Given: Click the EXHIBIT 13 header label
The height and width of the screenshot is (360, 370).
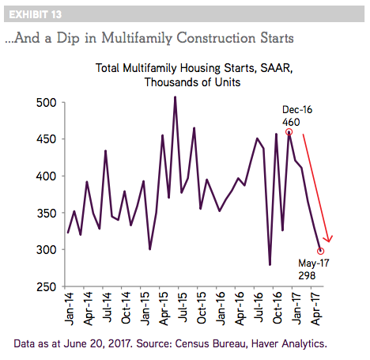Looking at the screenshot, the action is [x=36, y=14].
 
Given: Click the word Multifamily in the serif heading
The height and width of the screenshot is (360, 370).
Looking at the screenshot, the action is [x=137, y=38].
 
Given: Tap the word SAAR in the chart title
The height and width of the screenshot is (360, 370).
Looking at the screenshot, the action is [x=276, y=68].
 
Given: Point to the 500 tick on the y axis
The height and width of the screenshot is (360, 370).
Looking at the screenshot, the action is [x=47, y=103].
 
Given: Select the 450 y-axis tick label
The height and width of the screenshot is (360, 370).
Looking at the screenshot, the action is [x=47, y=139].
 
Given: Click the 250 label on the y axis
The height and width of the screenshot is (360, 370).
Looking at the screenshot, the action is [x=47, y=286].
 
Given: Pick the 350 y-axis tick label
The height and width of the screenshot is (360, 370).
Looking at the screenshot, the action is [x=47, y=213].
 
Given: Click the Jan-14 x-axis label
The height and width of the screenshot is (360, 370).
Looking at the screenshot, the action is [x=69, y=309].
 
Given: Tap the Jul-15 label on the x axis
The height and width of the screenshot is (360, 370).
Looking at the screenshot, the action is [x=183, y=307].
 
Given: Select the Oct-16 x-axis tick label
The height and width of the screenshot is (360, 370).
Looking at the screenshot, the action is [x=277, y=308].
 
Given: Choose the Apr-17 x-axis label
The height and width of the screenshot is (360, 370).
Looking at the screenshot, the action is [x=315, y=309].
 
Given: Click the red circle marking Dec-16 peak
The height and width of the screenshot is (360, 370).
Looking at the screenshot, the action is [x=289, y=132].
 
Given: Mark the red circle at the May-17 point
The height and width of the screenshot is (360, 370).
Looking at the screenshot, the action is [x=320, y=251].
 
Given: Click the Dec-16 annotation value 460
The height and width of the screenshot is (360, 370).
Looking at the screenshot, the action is [x=291, y=122].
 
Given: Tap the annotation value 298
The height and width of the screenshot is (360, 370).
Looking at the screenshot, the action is [x=307, y=275].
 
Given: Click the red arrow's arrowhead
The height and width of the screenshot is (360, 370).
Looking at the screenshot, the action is [x=328, y=240].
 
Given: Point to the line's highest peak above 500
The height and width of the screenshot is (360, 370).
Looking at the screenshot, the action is [x=175, y=97].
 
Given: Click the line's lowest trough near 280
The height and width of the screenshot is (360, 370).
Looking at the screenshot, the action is [x=270, y=264].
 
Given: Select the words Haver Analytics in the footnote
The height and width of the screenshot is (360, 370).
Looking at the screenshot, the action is [x=289, y=343].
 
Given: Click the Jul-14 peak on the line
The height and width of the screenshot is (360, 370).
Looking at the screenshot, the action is [x=105, y=151].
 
